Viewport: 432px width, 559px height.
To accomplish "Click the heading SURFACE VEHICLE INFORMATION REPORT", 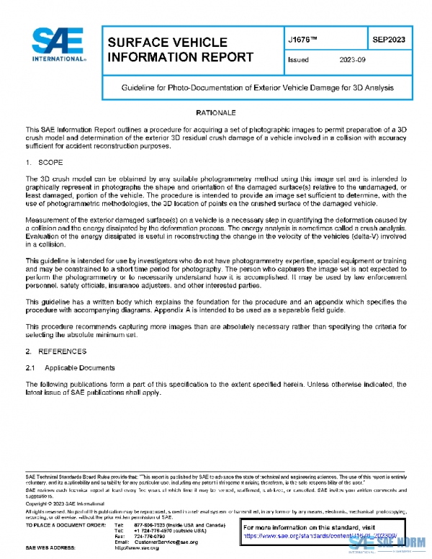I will tap(180, 50).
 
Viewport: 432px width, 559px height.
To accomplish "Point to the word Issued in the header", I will tap(298, 61).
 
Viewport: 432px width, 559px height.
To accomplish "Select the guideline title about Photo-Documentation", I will tap(256, 87).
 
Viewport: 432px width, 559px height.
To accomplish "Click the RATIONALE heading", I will tap(215, 113).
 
